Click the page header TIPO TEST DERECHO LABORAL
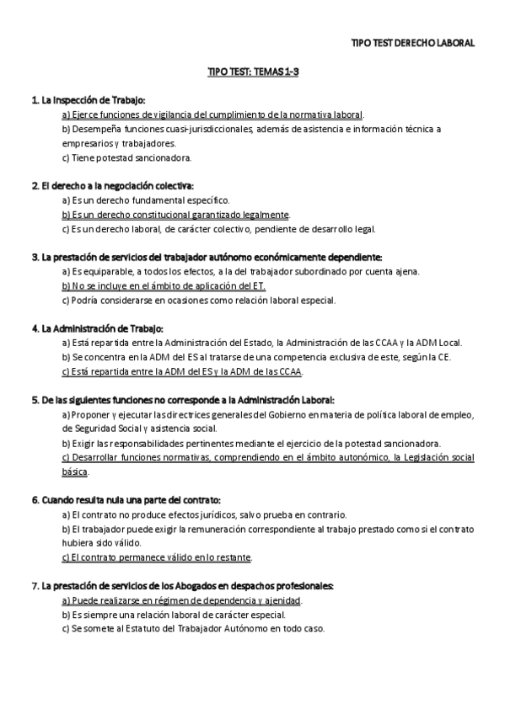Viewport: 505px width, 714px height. [x=412, y=42]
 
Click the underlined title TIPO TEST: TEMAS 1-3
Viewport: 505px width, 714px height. [x=254, y=72]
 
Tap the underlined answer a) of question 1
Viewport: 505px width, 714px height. [x=213, y=115]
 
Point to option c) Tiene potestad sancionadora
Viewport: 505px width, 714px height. [x=127, y=157]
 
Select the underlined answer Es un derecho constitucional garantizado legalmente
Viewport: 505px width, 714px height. [x=176, y=214]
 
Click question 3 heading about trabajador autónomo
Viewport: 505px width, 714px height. [x=207, y=257]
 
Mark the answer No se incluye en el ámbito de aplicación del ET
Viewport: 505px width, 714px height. [x=164, y=285]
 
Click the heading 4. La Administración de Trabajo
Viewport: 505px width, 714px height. [x=97, y=328]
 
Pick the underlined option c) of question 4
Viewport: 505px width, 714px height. [x=182, y=371]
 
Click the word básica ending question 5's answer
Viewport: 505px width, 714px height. [x=75, y=472]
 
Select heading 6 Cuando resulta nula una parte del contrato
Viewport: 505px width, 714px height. [x=126, y=500]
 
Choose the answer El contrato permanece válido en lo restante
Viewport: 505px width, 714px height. [x=158, y=557]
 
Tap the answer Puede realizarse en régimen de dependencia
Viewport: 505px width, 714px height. [x=182, y=600]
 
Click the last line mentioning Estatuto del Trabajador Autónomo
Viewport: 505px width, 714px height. [x=193, y=628]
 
